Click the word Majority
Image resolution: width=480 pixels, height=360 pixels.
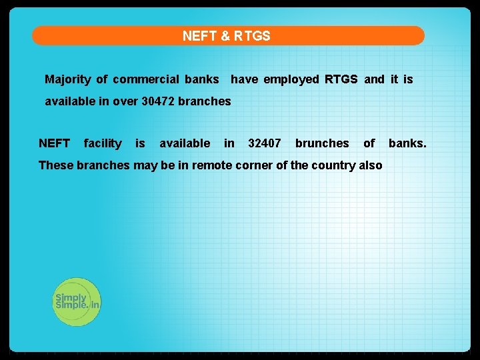[x=67, y=79]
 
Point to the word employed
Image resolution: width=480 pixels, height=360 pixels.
[x=291, y=79]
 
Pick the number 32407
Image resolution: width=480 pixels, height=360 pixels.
[x=265, y=143]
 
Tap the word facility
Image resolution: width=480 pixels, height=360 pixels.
[x=103, y=143]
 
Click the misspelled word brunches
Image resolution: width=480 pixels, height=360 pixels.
[x=322, y=143]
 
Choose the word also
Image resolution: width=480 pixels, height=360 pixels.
[x=371, y=165]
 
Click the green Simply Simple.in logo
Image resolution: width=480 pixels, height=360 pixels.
[x=77, y=301]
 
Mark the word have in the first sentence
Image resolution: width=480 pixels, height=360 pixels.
[x=245, y=79]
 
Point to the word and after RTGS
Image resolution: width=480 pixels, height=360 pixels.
[x=374, y=79]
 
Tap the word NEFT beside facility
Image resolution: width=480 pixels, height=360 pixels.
[x=55, y=143]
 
